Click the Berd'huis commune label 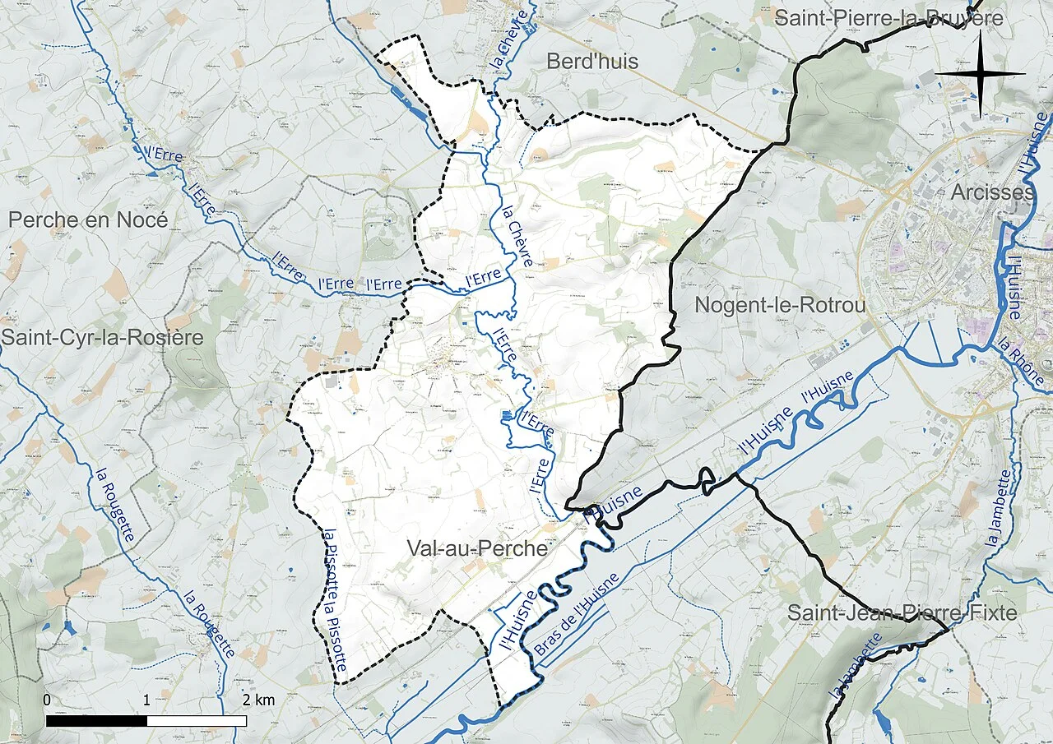click(x=592, y=62)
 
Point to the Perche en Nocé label click(x=88, y=220)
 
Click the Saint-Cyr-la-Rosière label click(x=101, y=337)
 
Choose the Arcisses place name click(x=992, y=192)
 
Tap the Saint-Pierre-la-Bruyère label click(x=889, y=17)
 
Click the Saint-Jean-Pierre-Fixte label click(x=902, y=612)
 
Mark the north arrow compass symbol click(x=980, y=74)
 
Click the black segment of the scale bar click(x=96, y=721)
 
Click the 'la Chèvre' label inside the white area click(x=517, y=235)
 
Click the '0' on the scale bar click(x=47, y=700)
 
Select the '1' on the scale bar click(x=146, y=700)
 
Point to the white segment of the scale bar click(x=197, y=721)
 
